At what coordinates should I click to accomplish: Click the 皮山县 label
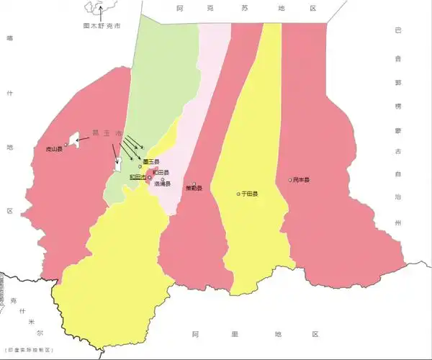click(x=54, y=149)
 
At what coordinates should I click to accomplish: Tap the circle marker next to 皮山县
click(x=66, y=144)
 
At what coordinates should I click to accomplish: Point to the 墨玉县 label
click(x=152, y=161)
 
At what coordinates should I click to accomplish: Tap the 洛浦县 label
click(x=162, y=184)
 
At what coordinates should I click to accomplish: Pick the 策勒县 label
click(x=194, y=189)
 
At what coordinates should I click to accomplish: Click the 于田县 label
click(x=251, y=194)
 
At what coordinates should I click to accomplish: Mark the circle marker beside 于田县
click(x=238, y=194)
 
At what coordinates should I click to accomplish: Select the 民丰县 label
click(x=301, y=179)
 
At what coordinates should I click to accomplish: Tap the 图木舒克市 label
click(x=102, y=25)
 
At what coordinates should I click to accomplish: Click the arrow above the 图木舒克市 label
click(x=102, y=13)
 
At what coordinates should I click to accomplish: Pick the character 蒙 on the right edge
click(x=397, y=130)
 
